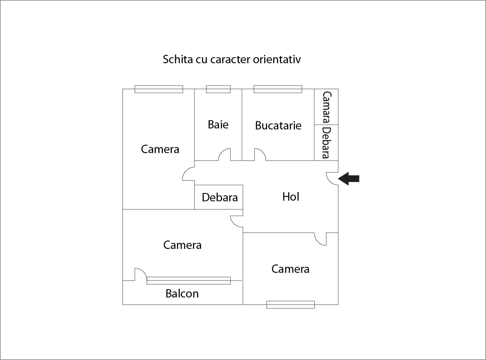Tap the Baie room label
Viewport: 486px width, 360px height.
coord(218,124)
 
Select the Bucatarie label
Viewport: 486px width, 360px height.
coord(278,125)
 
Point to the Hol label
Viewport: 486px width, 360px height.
coord(291,197)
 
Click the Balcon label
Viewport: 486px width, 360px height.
coord(182,293)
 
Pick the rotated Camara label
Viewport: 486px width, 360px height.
coord(327,107)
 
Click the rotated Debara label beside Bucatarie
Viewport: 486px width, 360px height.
coord(326,143)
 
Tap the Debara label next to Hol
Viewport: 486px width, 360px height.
coord(219,197)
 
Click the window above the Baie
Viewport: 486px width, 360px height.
coord(218,89)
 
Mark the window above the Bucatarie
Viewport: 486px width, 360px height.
coord(278,89)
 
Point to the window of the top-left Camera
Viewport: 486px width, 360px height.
coord(159,89)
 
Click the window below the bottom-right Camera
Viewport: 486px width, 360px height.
coord(290,304)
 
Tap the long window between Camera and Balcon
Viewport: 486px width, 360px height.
coord(188,280)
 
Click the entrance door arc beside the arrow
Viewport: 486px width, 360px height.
coord(332,179)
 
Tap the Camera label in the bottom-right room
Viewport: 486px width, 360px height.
coord(290,269)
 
